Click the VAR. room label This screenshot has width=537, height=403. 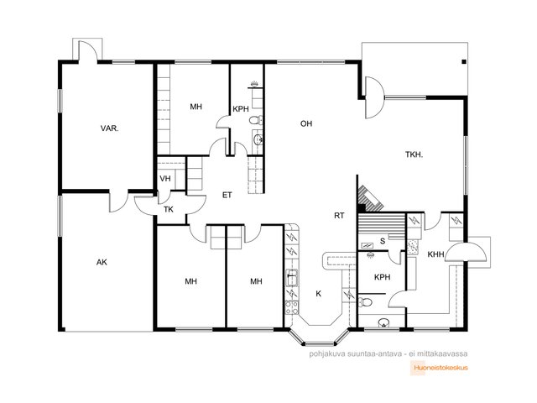tap(110, 128)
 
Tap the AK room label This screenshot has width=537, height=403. tap(102, 262)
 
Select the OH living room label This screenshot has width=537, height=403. tap(306, 123)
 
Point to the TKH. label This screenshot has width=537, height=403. tap(414, 154)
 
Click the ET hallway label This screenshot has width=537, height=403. tap(227, 195)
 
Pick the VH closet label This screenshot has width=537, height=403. tap(165, 179)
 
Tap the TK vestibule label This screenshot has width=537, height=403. tap(168, 209)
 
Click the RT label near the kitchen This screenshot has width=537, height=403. tap(339, 216)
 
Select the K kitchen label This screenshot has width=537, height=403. tap(319, 294)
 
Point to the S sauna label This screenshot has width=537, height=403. tap(383, 241)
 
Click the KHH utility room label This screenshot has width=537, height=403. tap(435, 254)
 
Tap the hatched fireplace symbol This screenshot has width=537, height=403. tap(370, 199)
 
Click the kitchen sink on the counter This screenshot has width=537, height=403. tap(292, 278)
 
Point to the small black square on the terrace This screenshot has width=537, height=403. tap(464, 62)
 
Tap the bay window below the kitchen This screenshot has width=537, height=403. tap(319, 339)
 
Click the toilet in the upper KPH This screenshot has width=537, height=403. tap(255, 120)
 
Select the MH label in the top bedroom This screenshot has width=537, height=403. tap(196, 107)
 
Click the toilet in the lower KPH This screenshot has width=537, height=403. tap(365, 302)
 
